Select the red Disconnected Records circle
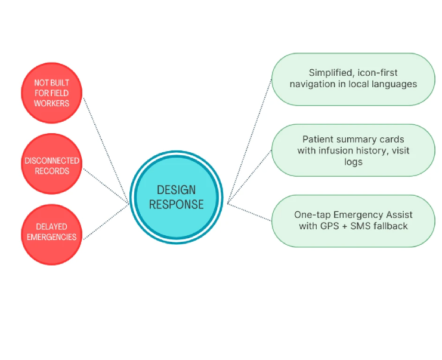click(x=51, y=166)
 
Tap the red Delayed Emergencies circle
click(x=51, y=232)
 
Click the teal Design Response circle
click(x=176, y=197)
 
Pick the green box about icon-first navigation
click(x=353, y=78)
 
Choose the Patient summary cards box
click(x=353, y=150)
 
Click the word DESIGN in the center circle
click(x=176, y=190)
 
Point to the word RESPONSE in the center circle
click(x=176, y=204)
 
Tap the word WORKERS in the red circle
click(x=51, y=103)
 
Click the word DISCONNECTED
click(x=51, y=161)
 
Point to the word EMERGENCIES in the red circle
click(x=51, y=237)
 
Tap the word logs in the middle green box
click(x=353, y=162)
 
